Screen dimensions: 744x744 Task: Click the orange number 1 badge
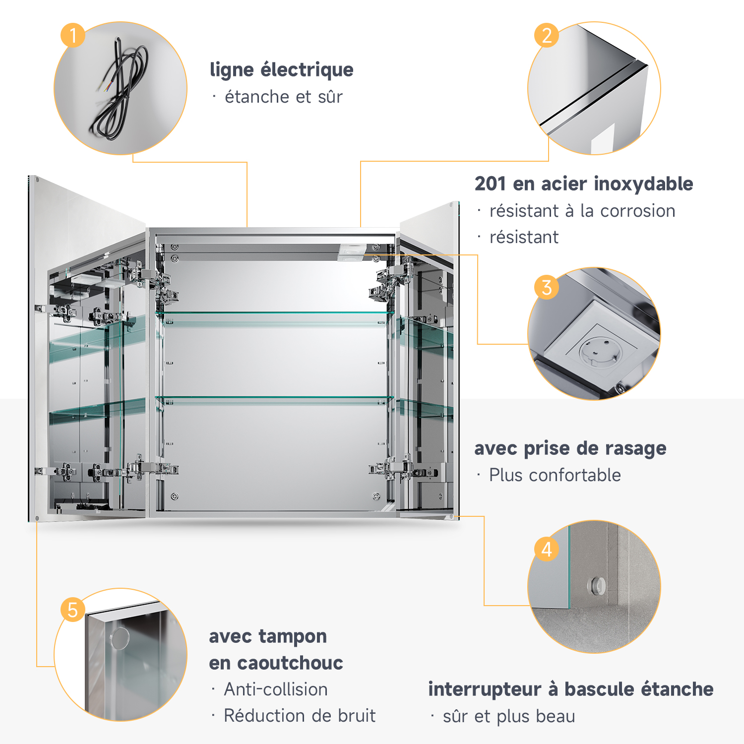tap(73, 35)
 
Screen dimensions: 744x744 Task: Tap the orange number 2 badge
tap(547, 35)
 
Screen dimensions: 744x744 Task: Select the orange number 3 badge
tap(547, 287)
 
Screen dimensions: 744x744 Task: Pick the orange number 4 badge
tap(547, 549)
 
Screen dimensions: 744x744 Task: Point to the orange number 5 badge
tap(73, 610)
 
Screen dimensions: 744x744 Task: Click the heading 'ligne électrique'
tap(282, 70)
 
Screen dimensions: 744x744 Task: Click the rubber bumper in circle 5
tap(120, 638)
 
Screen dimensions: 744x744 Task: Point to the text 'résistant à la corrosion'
tap(582, 211)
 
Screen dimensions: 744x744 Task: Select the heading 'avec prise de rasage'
tap(570, 448)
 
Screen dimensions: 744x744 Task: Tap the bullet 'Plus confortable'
tap(555, 475)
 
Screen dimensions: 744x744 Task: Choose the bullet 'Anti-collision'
tap(276, 689)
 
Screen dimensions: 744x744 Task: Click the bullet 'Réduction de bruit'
tap(300, 716)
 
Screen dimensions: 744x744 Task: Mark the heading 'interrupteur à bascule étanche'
tap(571, 689)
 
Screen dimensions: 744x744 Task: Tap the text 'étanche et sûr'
tap(284, 97)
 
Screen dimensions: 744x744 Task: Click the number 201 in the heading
tap(490, 184)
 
